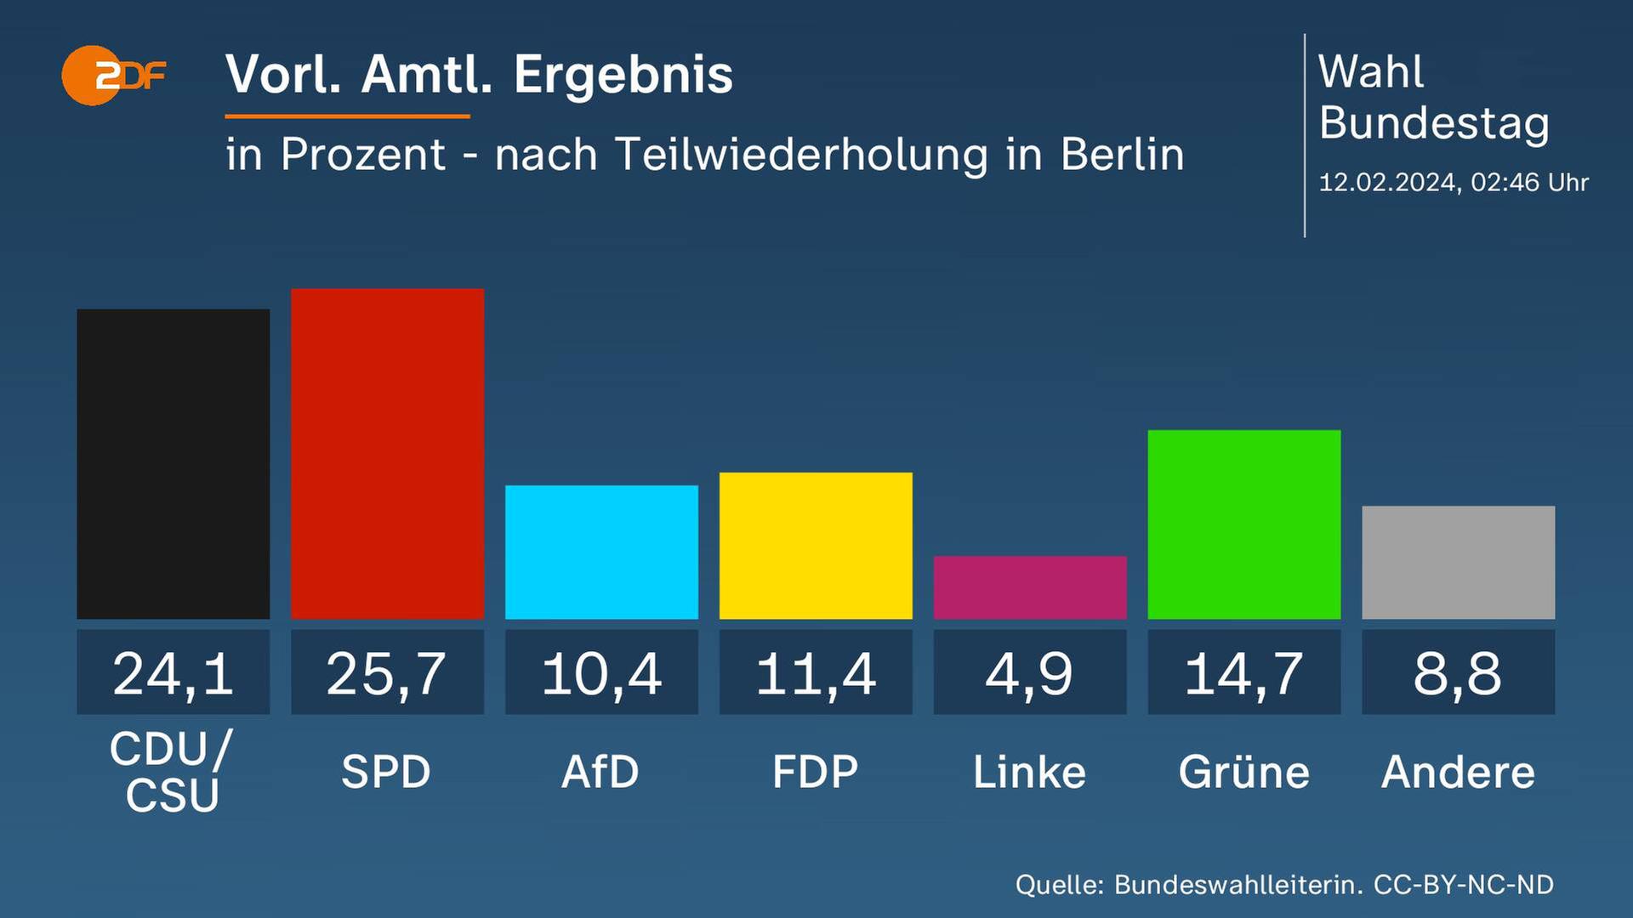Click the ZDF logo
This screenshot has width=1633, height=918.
[x=113, y=76]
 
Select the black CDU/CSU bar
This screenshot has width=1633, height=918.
[x=174, y=464]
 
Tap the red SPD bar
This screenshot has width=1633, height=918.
[x=388, y=454]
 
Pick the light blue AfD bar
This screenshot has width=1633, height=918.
[x=601, y=552]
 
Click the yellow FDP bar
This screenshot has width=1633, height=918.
[x=816, y=546]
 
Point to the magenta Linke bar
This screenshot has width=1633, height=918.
[x=1030, y=587]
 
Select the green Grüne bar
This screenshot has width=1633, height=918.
[x=1244, y=524]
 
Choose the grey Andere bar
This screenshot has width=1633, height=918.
[x=1459, y=563]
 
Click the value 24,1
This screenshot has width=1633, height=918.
[x=174, y=674]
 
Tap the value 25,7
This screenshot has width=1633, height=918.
[x=388, y=674]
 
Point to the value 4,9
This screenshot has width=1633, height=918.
[x=1030, y=674]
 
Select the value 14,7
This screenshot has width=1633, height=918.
[x=1244, y=674]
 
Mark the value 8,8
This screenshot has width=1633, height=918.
[x=1459, y=674]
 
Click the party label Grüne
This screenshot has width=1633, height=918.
[x=1244, y=772]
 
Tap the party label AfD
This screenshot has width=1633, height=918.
[x=600, y=772]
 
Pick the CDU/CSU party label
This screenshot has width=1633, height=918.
[x=173, y=772]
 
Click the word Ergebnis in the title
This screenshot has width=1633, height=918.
[x=623, y=75]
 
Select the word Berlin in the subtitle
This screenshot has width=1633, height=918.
[x=1122, y=155]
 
